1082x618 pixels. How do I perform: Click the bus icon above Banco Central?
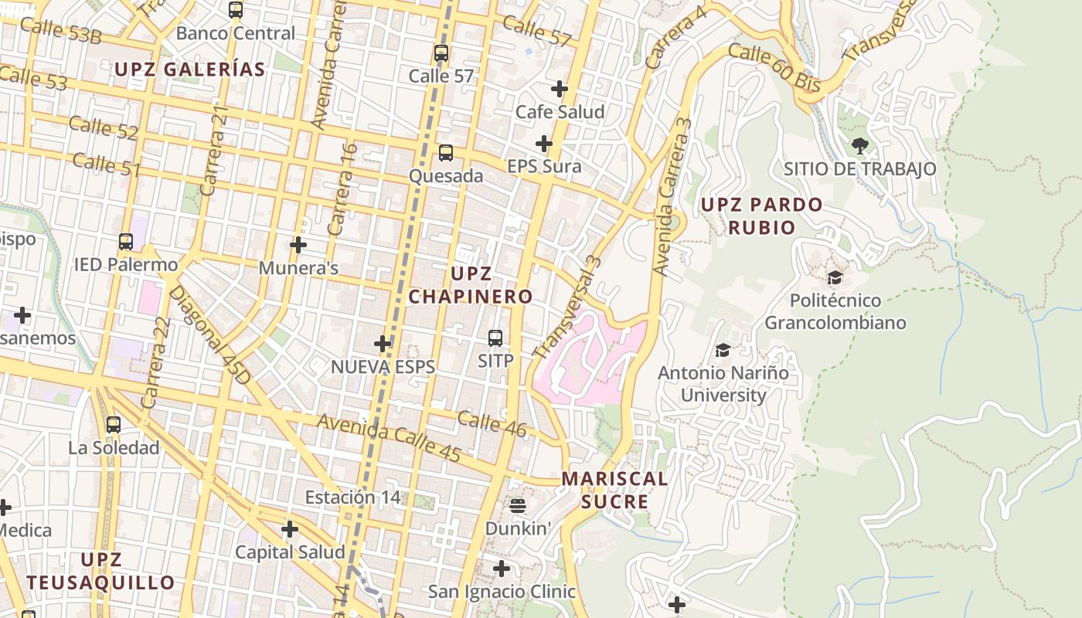point(236,10)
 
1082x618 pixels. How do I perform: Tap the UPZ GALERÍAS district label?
point(189,70)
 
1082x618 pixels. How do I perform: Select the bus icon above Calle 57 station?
point(441,53)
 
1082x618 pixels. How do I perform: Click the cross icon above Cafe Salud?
point(560,89)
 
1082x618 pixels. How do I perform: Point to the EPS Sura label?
point(544,166)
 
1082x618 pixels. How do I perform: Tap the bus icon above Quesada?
point(446,152)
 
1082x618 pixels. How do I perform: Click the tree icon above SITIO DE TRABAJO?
point(859,145)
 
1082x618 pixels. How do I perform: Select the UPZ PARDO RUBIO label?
point(761,216)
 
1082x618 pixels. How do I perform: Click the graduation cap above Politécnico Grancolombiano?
point(835,277)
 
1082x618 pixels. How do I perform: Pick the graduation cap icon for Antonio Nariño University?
point(723,350)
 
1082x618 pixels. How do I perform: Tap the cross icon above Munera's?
point(298,245)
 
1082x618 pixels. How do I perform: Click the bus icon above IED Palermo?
point(126,241)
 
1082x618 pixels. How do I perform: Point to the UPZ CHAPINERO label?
point(471,285)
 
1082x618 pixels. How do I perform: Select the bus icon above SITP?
point(495,338)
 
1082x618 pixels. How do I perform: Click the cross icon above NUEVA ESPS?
point(383,343)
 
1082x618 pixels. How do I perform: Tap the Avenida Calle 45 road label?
point(389,439)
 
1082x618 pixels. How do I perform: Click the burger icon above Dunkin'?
point(518,506)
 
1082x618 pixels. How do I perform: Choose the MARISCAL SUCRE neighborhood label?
point(614,490)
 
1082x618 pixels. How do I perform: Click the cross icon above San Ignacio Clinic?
point(502,569)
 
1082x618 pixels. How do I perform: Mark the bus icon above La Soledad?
point(114,424)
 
